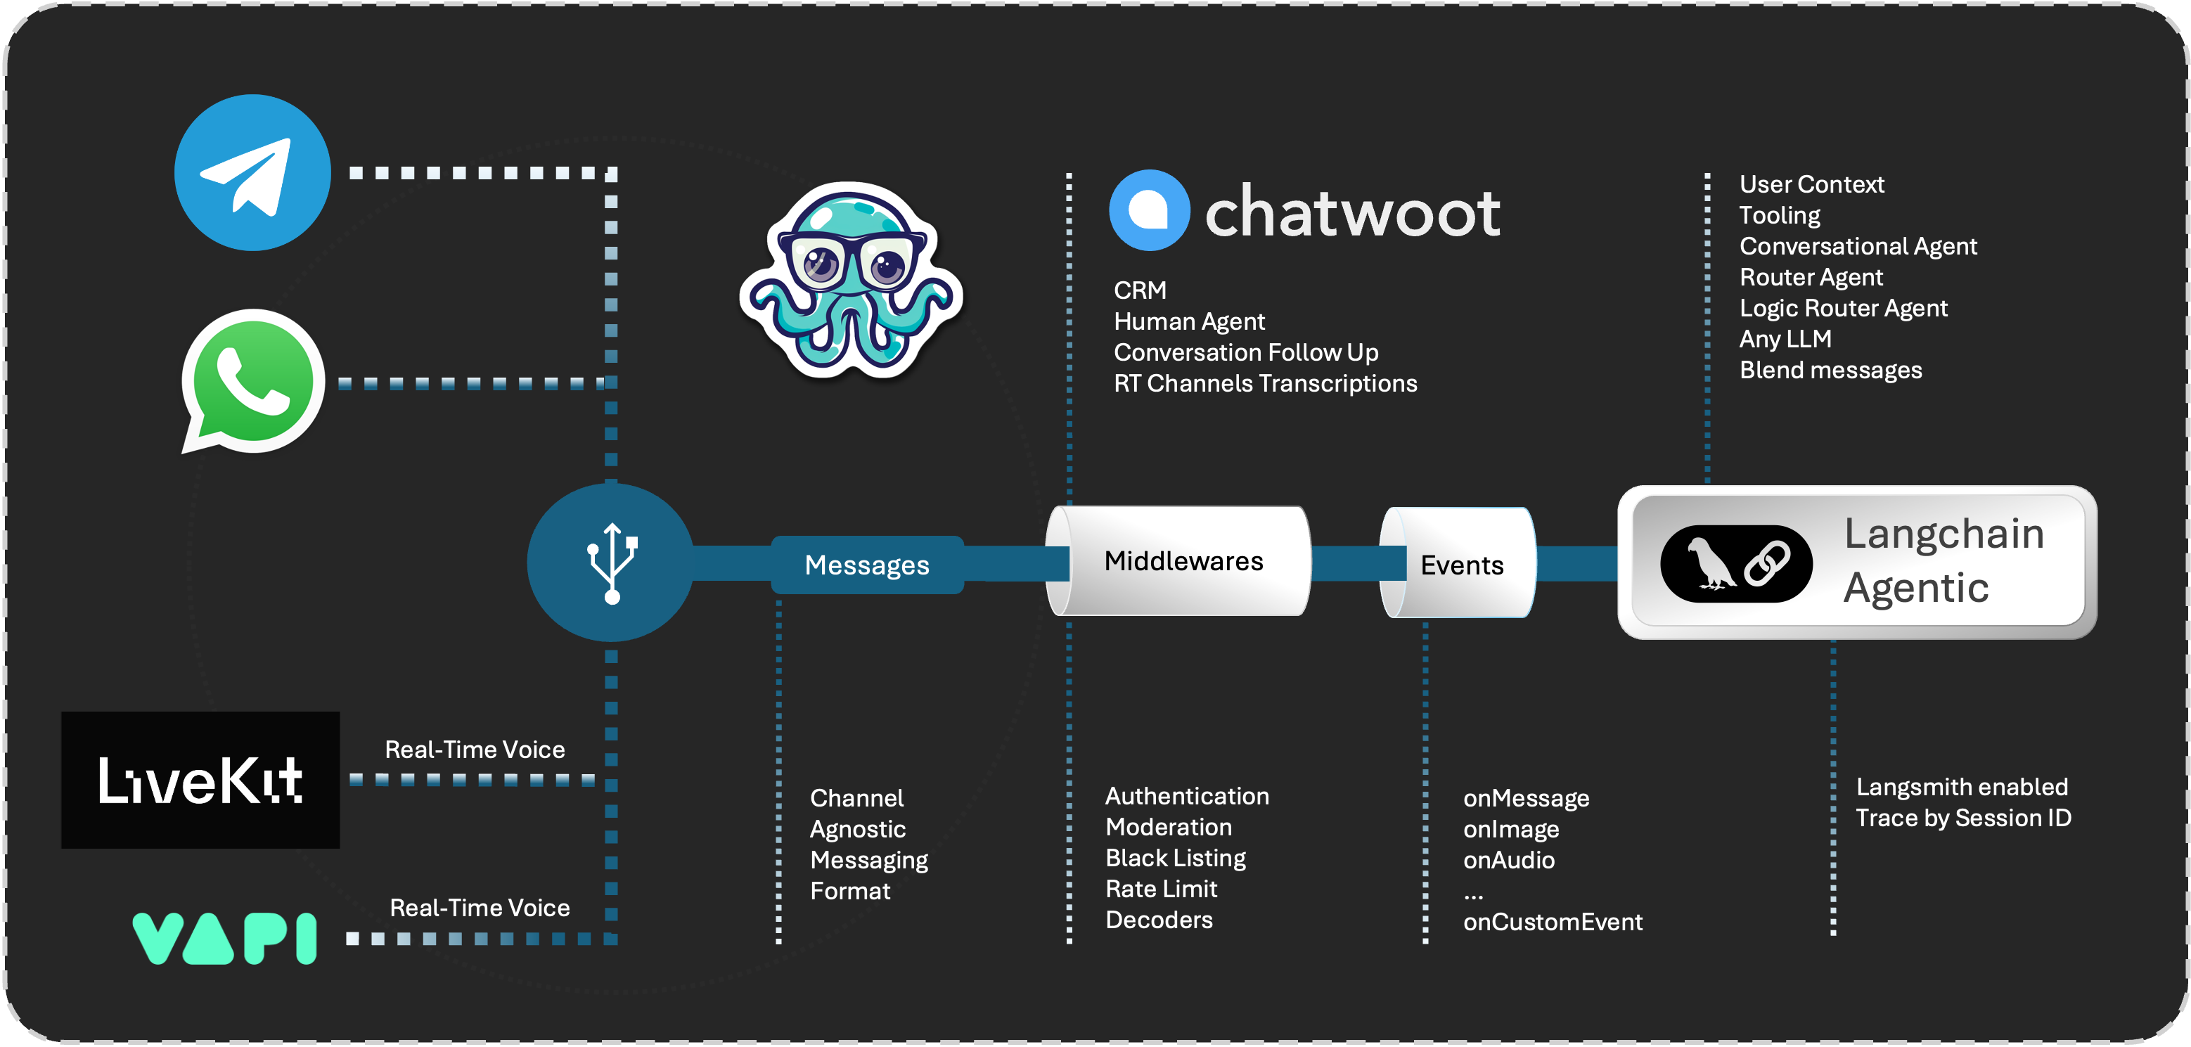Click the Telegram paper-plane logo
[252, 173]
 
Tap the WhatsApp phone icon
[252, 380]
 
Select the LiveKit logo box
[200, 779]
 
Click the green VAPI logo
[224, 938]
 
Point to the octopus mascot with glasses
[851, 281]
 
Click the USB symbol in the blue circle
[612, 563]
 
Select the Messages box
[867, 565]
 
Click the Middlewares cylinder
[1182, 561]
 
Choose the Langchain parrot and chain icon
[1736, 564]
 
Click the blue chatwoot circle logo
[1149, 210]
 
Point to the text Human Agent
[1189, 321]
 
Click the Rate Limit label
[1161, 889]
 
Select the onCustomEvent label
[1553, 922]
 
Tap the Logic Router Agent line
[1843, 308]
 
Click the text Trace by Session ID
[1963, 818]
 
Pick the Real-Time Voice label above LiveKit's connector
[475, 750]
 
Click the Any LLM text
[1785, 338]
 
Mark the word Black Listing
[1176, 858]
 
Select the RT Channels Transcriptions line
[1265, 384]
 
